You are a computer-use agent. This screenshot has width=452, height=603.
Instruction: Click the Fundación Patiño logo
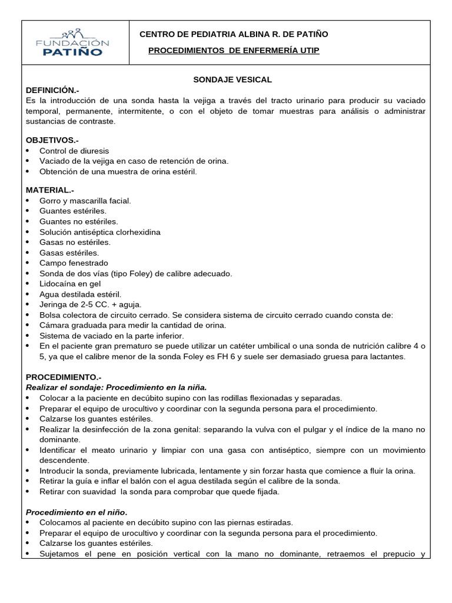tap(73, 42)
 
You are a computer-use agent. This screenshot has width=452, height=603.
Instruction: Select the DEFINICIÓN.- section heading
tap(52, 90)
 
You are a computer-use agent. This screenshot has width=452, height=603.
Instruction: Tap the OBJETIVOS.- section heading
tap(52, 140)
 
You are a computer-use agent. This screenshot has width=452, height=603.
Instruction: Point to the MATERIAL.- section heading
tap(50, 190)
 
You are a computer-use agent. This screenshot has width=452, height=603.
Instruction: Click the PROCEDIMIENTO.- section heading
tap(64, 377)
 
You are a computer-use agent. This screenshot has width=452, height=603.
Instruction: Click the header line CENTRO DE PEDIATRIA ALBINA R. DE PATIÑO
tap(234, 34)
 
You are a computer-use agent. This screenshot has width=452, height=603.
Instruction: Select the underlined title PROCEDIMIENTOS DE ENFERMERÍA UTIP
tap(234, 51)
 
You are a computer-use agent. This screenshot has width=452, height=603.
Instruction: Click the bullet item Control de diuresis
tap(74, 151)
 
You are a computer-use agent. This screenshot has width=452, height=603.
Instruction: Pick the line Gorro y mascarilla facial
tap(85, 201)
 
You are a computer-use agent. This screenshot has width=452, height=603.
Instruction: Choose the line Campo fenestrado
tap(74, 263)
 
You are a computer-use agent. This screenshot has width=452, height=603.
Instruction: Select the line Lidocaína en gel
tap(70, 284)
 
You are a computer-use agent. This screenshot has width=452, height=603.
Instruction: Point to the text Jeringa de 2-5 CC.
tap(74, 304)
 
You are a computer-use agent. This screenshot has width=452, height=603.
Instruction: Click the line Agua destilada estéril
tap(80, 294)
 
